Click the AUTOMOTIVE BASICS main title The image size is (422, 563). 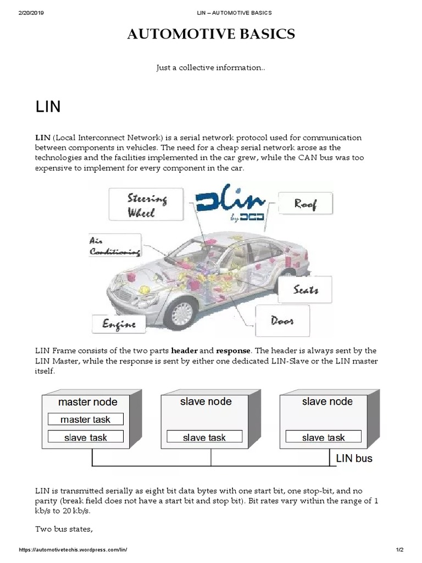(x=211, y=35)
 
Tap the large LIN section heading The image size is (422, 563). (x=48, y=107)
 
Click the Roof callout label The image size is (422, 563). (x=305, y=204)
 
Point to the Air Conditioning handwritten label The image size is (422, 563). (x=114, y=246)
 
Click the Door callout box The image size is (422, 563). (x=282, y=321)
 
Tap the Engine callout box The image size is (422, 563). (x=119, y=324)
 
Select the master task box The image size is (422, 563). (x=85, y=420)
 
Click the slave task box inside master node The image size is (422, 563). (x=85, y=438)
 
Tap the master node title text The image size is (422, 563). (x=85, y=402)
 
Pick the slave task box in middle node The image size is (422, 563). (x=204, y=438)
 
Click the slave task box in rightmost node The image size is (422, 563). (x=323, y=438)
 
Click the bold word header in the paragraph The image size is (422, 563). (x=184, y=350)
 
